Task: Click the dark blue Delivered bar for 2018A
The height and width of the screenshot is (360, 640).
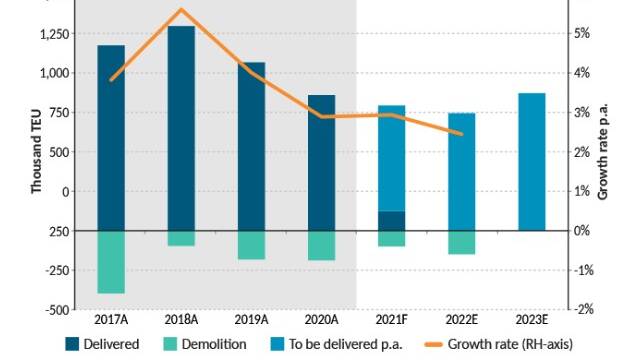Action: (x=181, y=128)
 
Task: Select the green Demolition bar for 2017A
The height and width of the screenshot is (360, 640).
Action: (x=111, y=262)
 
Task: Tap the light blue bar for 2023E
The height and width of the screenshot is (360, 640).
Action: (x=532, y=162)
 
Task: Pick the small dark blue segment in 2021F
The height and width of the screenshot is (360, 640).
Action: (x=392, y=221)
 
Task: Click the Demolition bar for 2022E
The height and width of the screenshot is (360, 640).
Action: (x=462, y=242)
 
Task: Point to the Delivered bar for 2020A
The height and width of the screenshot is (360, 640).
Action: (x=322, y=163)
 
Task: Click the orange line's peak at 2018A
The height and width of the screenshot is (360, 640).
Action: (x=181, y=9)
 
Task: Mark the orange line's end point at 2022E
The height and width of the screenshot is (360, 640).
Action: (x=462, y=134)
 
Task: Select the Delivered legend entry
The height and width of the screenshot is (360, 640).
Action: (x=102, y=344)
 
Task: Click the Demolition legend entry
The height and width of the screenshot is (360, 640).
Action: (x=205, y=344)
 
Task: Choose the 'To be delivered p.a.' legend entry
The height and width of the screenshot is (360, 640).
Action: (x=336, y=344)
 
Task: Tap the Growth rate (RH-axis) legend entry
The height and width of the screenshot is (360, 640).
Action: (x=499, y=344)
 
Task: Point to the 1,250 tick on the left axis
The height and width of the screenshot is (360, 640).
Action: (x=56, y=34)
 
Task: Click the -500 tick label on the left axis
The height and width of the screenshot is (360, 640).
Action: (x=58, y=310)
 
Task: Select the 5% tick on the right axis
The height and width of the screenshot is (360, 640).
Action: (x=582, y=33)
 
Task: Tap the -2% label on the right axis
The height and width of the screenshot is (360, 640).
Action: (x=584, y=309)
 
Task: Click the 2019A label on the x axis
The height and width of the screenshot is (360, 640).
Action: (x=251, y=320)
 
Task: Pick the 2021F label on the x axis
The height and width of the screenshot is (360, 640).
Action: (x=391, y=320)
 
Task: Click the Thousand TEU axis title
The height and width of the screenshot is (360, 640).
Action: (x=36, y=151)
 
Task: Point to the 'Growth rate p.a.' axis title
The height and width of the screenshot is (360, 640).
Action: (x=603, y=151)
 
